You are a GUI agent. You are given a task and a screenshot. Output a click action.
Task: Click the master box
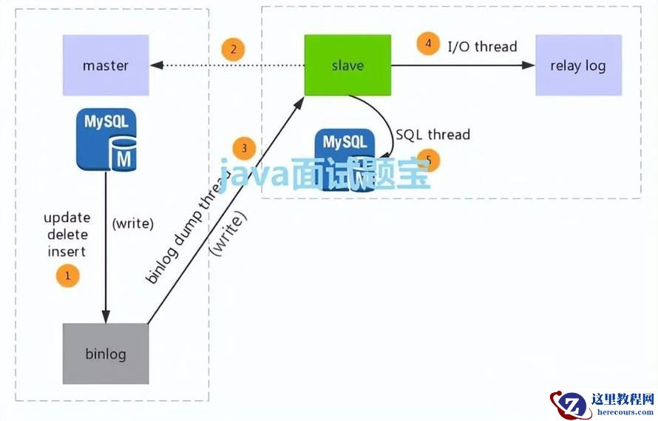pos(106,65)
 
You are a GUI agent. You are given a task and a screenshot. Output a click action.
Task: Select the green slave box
pos(347,65)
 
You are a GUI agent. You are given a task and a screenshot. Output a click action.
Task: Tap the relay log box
pos(577,65)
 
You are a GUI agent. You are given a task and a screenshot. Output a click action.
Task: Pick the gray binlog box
pos(106,354)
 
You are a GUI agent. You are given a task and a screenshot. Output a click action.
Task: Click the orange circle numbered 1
pos(67,277)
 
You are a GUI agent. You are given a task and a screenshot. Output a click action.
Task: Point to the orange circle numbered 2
pos(233,50)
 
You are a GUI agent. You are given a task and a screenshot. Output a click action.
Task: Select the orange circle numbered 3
pos(244,148)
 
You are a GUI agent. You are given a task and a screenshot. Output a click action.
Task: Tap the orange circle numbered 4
pos(428,43)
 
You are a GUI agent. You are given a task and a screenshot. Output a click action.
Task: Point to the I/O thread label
pos(482,47)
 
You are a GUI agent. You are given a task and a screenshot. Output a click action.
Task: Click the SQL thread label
pos(433,135)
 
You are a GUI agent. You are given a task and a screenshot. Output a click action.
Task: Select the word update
pos(67,218)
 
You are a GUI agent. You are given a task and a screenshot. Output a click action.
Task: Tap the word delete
pos(67,235)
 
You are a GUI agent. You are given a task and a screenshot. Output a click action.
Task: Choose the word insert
pos(67,252)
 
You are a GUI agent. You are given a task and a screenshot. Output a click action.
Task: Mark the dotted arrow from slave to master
pos(229,66)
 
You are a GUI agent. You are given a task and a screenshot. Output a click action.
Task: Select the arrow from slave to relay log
pos(462,66)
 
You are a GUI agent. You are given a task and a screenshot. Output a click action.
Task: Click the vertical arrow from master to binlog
pos(106,252)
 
